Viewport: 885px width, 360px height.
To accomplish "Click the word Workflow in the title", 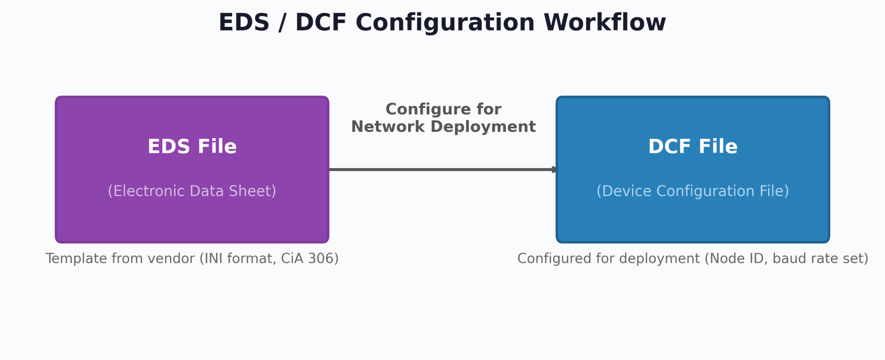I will pos(604,23).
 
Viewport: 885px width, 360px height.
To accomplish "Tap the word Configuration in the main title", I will pos(445,23).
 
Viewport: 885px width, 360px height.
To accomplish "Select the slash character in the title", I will pos(282,23).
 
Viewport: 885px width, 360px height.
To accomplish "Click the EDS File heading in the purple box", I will pos(192,147).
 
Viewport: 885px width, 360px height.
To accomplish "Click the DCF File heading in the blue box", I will pos(693,147).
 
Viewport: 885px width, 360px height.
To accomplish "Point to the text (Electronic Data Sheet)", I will pos(192,191).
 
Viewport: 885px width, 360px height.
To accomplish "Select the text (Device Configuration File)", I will pos(693,191).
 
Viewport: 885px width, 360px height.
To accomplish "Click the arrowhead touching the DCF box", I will pos(554,169).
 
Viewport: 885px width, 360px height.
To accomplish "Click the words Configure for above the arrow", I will pos(443,109).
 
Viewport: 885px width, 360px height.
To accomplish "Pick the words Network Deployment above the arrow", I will pos(443,127).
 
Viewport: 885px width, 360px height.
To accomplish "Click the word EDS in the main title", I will pos(244,23).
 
